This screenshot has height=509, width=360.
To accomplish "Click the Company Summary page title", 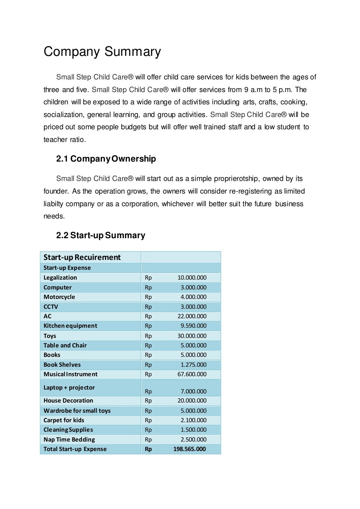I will pos(102,52).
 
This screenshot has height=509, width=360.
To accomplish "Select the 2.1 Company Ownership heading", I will pos(106,159).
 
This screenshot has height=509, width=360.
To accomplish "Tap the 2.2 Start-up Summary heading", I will pos(101,235).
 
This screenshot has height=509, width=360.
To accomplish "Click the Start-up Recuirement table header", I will pos(82,257).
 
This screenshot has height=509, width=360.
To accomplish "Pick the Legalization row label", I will pos(60,278).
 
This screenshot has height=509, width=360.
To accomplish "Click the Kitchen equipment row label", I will pos(70,326).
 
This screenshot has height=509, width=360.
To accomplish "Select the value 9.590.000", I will pos(193,326).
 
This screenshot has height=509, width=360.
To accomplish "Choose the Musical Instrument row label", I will pos(70,374).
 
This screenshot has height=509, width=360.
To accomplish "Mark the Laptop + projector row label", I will pos(69,387).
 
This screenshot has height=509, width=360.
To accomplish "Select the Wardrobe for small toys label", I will pos(77,411).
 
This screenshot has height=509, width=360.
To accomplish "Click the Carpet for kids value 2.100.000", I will pos(193,420).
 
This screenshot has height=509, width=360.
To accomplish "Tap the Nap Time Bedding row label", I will pos(69,439).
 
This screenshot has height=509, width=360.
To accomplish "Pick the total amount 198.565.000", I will pos(189,449).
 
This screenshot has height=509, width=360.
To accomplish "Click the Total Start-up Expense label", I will pos(75,449).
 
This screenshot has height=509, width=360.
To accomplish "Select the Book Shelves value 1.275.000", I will pos(193,365).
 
